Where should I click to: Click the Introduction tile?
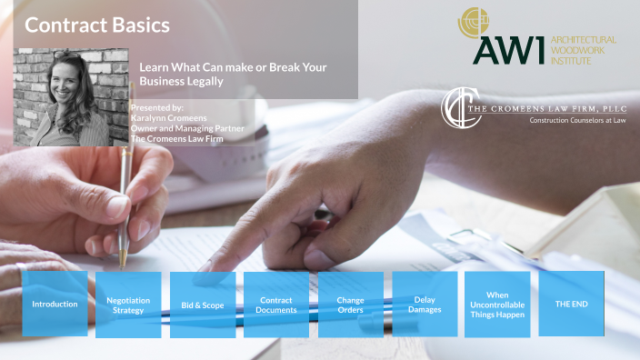[55, 304]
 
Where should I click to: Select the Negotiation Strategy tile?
[128, 304]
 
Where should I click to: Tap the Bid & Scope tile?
[202, 304]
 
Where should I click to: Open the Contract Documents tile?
[276, 304]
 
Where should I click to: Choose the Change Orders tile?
[350, 304]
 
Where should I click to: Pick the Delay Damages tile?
[424, 304]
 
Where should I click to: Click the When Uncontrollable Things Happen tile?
[497, 304]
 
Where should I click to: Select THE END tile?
[571, 304]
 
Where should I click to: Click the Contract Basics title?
[97, 25]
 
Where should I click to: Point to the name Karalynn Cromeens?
[170, 118]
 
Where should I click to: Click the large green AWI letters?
[509, 50]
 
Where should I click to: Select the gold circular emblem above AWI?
[473, 20]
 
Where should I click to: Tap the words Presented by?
[157, 108]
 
